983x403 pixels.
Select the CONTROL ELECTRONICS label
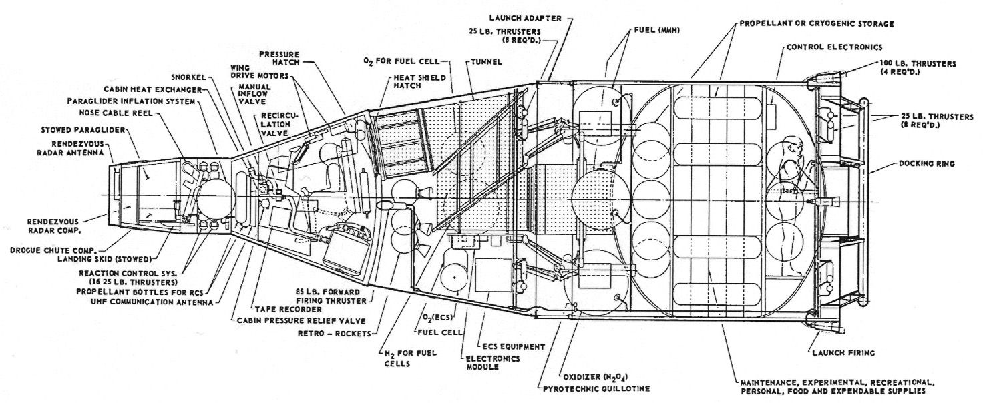click(x=834, y=47)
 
